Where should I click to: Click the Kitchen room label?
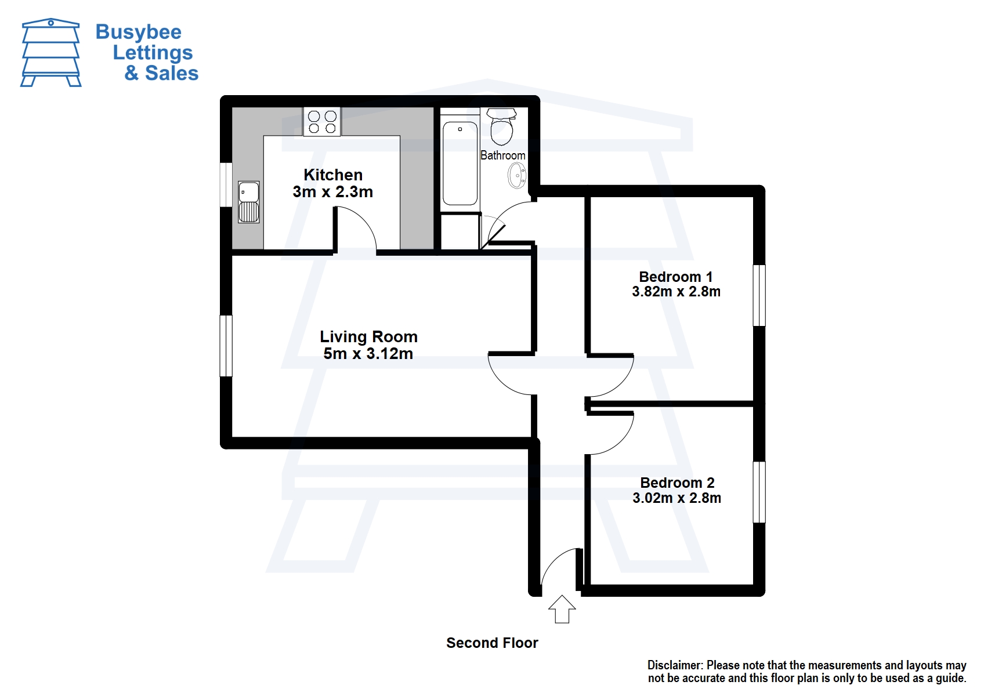coord(333,175)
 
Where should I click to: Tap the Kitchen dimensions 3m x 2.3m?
coord(333,192)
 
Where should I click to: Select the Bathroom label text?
coord(503,155)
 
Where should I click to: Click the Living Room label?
coord(368,336)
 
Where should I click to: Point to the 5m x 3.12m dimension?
coord(368,354)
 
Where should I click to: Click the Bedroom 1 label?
coord(676,277)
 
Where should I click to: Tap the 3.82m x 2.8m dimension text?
coord(676,292)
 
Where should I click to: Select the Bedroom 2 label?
coord(677,483)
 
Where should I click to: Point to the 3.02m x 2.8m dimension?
coord(677,498)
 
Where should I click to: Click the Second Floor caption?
coord(492,643)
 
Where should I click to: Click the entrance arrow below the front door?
coord(562,610)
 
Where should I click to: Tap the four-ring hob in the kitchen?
coord(322,122)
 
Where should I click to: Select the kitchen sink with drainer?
coord(249,202)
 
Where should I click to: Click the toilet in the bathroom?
coord(502,126)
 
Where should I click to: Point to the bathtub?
coord(460,163)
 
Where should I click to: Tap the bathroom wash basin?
coord(516,175)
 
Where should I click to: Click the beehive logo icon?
coord(51,53)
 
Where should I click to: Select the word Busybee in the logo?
coord(138,32)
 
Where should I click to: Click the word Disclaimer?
coord(675,665)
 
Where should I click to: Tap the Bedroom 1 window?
coord(759,295)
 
